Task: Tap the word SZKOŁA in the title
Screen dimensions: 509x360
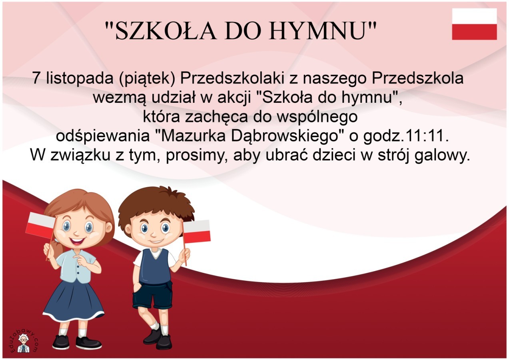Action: pyautogui.click(x=166, y=31)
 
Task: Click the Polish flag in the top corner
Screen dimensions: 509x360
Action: pyautogui.click(x=474, y=24)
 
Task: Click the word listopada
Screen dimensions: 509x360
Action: pyautogui.click(x=80, y=78)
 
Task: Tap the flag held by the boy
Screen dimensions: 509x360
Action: pyautogui.click(x=196, y=231)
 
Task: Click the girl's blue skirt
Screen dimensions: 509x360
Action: pyautogui.click(x=74, y=300)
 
